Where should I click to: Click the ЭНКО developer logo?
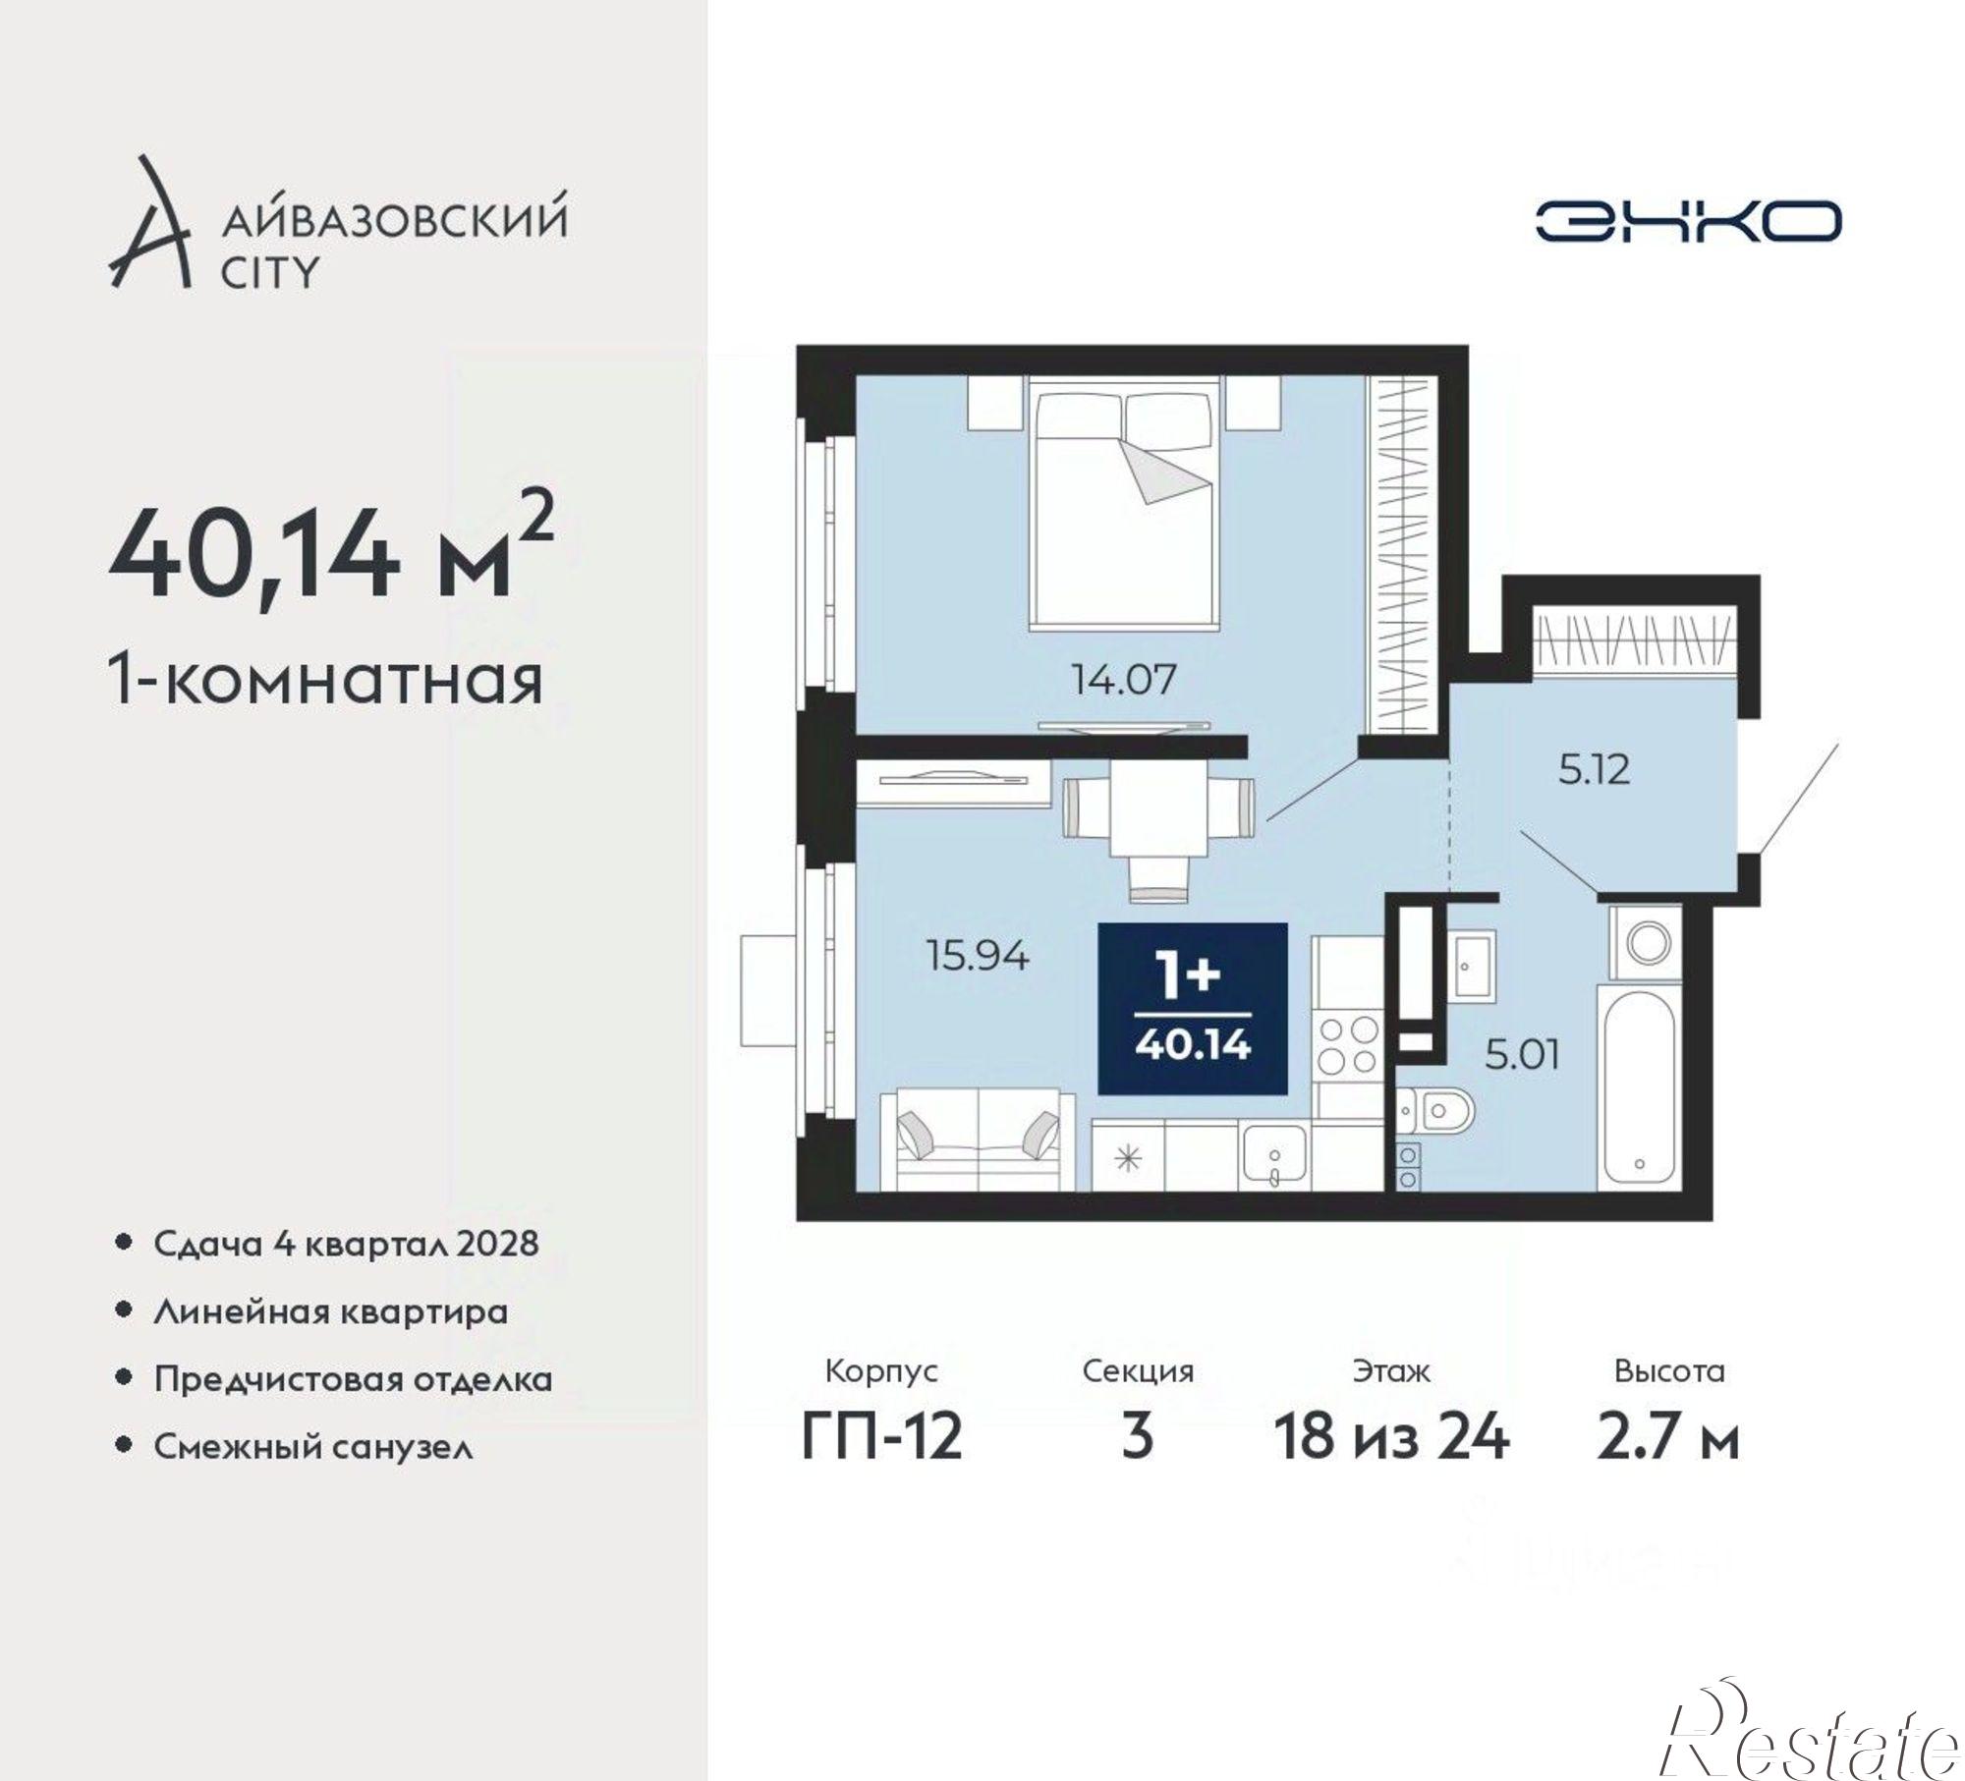click(1687, 221)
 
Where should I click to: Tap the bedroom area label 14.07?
click(1123, 680)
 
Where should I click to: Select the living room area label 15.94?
click(979, 955)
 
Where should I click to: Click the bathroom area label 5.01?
click(1522, 1056)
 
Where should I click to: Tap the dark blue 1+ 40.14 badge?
click(1192, 1008)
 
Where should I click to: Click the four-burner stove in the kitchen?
click(1348, 1045)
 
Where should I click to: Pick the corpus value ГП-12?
click(881, 1436)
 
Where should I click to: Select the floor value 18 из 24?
click(1391, 1436)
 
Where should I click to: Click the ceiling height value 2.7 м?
click(1667, 1436)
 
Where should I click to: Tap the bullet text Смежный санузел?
click(313, 1447)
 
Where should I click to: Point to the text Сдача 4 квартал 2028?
click(346, 1244)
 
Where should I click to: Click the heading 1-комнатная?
click(325, 682)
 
